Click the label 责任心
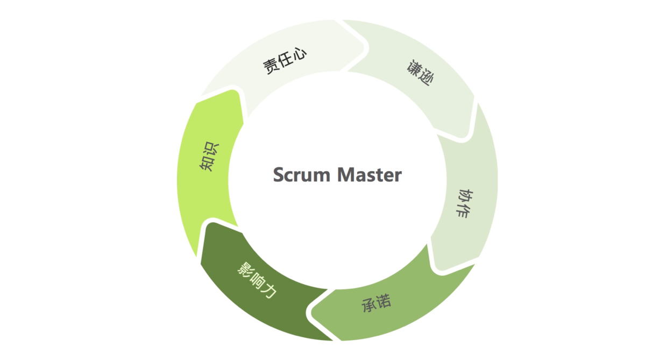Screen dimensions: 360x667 tap(285, 61)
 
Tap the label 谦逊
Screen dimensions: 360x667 tap(420, 74)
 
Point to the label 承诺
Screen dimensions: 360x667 tap(376, 303)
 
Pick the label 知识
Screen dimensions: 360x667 tap(209, 157)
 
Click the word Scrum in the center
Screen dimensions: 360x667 tap(302, 175)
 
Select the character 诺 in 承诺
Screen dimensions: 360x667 tap(384, 301)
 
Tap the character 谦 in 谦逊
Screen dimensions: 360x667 tap(413, 68)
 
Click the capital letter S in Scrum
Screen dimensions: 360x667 tap(279, 175)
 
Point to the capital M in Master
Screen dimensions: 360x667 tap(347, 175)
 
